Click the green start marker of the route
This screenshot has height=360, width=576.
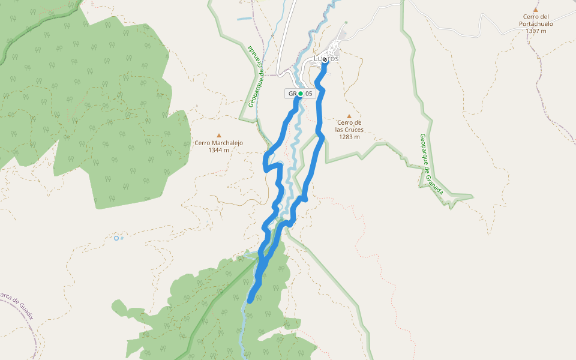(300, 94)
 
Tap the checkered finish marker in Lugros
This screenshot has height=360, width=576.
(325, 59)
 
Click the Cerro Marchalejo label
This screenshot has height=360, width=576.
(218, 143)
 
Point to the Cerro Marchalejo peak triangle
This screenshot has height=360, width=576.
(219, 135)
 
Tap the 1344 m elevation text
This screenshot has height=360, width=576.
(218, 150)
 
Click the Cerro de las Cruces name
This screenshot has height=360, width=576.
(349, 126)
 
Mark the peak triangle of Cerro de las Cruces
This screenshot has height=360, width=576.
(349, 116)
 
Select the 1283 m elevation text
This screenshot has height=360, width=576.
(349, 137)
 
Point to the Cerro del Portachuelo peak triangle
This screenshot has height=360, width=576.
(535, 10)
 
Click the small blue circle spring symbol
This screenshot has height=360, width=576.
(116, 238)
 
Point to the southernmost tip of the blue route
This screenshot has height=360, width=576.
(250, 299)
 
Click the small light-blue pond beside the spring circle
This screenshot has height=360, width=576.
(122, 238)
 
